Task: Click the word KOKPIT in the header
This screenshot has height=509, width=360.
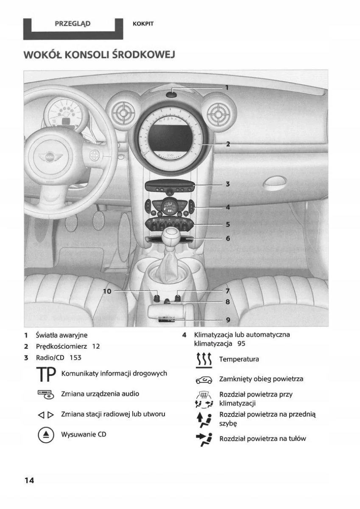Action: tap(143, 24)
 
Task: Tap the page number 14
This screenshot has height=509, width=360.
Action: tap(29, 480)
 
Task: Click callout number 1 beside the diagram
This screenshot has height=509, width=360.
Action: tap(227, 88)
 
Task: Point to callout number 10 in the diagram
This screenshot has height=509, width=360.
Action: tap(107, 291)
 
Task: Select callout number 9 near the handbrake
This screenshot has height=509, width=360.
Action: tap(228, 319)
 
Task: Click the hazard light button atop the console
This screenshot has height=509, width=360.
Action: tap(171, 95)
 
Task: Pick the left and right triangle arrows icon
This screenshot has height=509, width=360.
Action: tap(45, 414)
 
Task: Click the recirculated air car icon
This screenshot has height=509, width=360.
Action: tap(204, 379)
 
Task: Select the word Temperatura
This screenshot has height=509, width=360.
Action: tap(239, 359)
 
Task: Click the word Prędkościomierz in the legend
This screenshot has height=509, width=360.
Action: tap(62, 346)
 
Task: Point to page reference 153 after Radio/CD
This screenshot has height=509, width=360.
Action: tap(75, 358)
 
